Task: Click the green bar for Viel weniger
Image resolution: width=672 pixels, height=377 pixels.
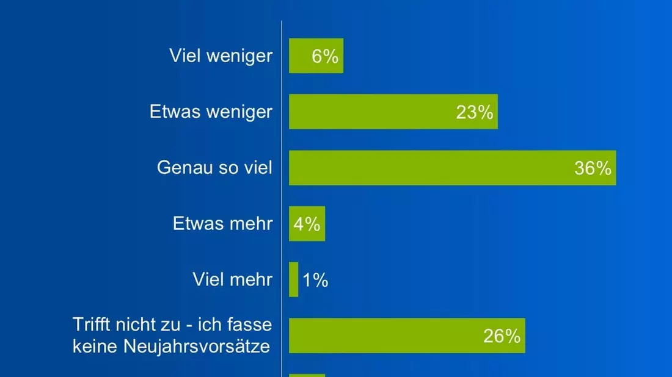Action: click(316, 56)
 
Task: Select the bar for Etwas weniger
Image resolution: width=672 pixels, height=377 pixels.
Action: click(393, 112)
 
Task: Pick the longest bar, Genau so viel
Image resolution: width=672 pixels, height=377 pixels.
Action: click(453, 168)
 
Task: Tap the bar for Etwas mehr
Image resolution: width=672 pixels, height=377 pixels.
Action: click(307, 224)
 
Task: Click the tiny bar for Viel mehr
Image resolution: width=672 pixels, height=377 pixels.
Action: click(294, 279)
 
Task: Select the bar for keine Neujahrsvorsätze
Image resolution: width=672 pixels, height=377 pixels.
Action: click(407, 336)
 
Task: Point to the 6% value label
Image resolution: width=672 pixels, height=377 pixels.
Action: click(325, 57)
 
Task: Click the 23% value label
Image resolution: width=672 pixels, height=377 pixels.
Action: click(475, 112)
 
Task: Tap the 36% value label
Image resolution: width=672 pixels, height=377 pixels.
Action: click(593, 168)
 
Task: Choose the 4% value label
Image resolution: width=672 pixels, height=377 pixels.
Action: click(307, 224)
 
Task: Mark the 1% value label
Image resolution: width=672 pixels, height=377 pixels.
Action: click(315, 280)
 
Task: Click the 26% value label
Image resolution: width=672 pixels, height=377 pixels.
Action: click(502, 336)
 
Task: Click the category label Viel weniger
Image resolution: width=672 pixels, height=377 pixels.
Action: click(221, 56)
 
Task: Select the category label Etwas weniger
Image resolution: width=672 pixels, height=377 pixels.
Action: click(211, 112)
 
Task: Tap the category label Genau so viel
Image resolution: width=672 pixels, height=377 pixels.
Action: click(214, 168)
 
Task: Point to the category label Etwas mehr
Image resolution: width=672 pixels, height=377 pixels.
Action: click(222, 223)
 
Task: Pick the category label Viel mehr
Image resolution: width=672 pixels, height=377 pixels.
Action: click(232, 279)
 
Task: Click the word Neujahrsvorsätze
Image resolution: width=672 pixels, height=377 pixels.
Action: click(197, 346)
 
